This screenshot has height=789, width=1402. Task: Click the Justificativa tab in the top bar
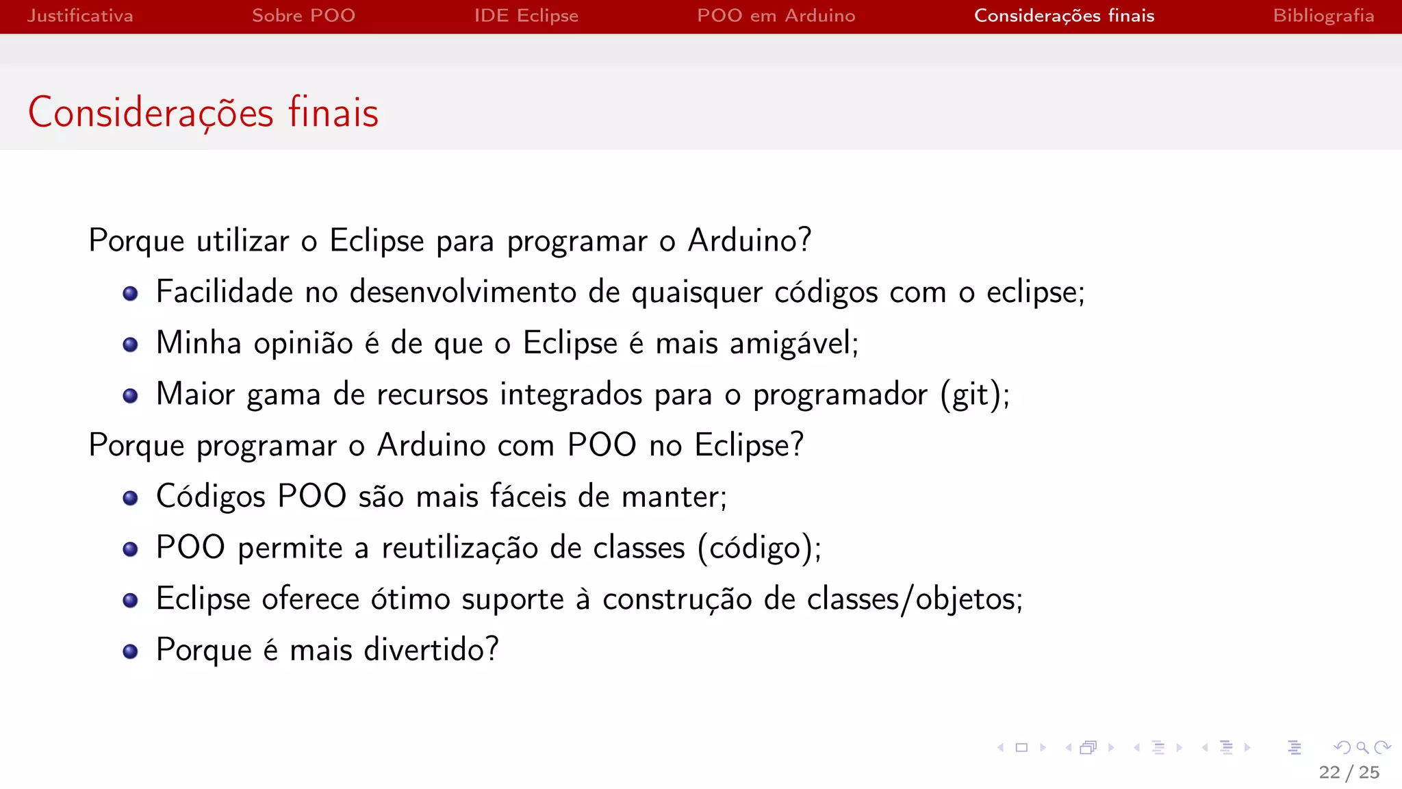pos(80,16)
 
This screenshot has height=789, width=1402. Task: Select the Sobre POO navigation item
pos(303,16)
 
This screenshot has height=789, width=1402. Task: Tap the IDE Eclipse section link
pos(526,16)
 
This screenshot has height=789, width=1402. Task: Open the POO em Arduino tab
pos(776,16)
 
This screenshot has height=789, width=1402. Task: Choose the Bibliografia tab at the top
pos(1323,16)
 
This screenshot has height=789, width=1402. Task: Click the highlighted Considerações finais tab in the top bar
pos(1064,16)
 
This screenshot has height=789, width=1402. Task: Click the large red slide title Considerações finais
pos(203,112)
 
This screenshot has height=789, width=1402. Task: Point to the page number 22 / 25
pos(1349,773)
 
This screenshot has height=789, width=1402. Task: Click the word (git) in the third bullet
pos(971,394)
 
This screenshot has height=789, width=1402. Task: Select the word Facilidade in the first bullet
pos(225,292)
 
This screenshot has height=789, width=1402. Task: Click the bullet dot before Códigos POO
pos(130,498)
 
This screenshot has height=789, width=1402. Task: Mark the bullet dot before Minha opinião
pos(130,344)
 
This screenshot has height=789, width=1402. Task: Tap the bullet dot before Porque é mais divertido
pos(130,651)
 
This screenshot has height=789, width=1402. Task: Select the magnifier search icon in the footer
pos(1362,747)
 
